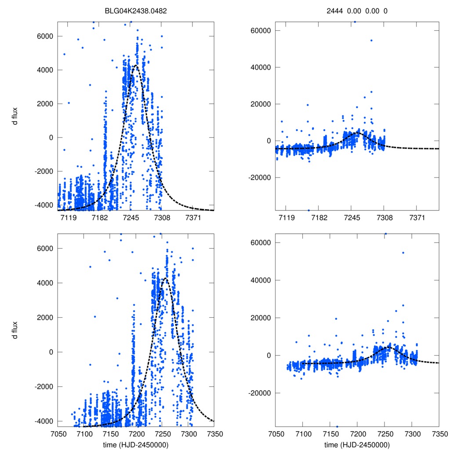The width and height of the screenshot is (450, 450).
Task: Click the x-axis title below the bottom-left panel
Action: point(136,444)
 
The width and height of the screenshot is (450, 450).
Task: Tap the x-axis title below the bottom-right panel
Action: point(357,444)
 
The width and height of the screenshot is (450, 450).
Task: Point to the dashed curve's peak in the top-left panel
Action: point(135,66)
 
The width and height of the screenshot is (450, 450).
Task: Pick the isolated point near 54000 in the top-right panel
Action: point(371,40)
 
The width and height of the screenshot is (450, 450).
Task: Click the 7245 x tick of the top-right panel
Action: point(352,218)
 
